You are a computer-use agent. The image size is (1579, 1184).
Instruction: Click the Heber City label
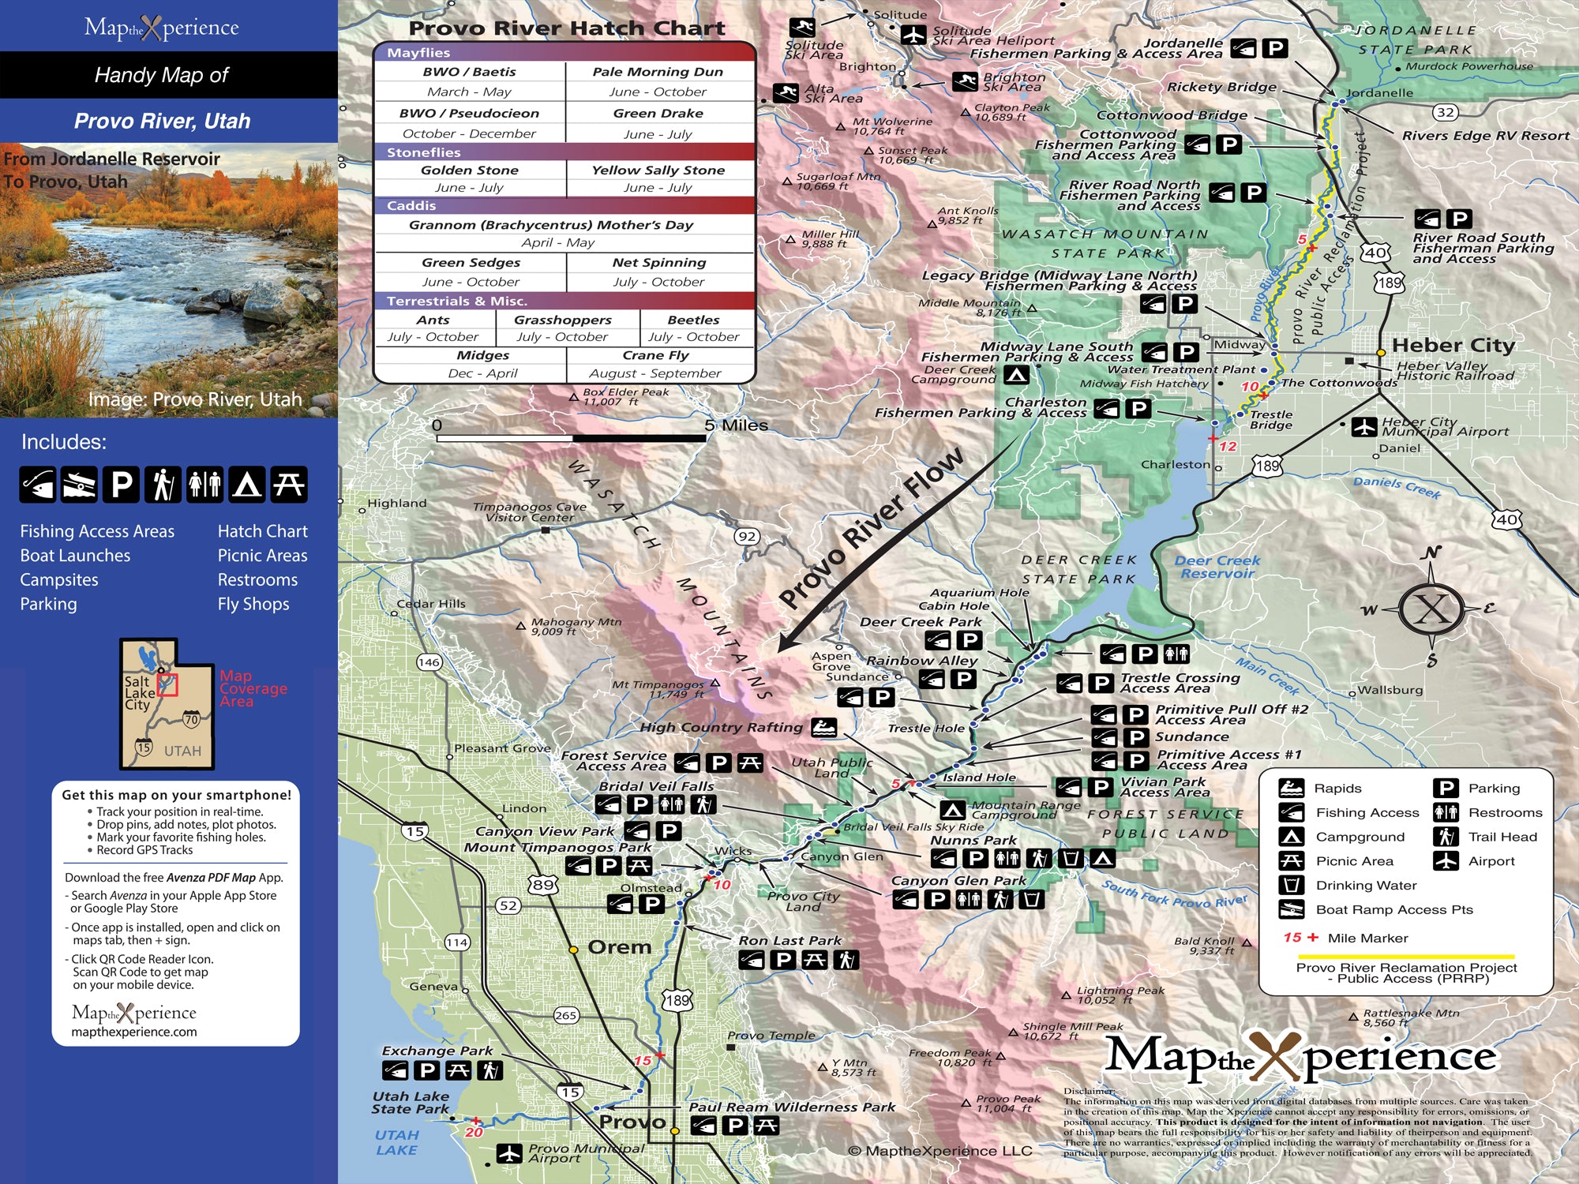[x=1453, y=345]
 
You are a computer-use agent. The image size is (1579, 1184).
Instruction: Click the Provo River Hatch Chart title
[x=566, y=28]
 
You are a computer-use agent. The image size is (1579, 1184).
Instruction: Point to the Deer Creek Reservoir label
[x=1217, y=567]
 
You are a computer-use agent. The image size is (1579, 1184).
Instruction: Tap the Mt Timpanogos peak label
[x=658, y=685]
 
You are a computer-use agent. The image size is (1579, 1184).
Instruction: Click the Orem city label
[x=620, y=947]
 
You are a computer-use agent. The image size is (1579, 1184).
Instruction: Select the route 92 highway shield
[x=747, y=537]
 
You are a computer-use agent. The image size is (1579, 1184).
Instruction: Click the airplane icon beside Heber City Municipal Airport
[x=1364, y=426]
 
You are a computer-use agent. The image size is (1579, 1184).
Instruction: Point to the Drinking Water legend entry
[x=1366, y=885]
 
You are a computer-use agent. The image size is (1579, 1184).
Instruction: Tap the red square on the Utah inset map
[x=167, y=684]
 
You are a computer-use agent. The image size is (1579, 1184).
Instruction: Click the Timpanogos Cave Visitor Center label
[x=530, y=511]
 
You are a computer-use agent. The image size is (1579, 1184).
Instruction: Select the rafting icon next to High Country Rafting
[x=824, y=727]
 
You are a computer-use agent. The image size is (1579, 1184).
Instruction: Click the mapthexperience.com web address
[x=134, y=1032]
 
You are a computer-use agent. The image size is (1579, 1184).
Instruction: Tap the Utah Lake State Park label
[x=411, y=1102]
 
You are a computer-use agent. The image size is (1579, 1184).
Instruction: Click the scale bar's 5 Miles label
[x=736, y=425]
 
